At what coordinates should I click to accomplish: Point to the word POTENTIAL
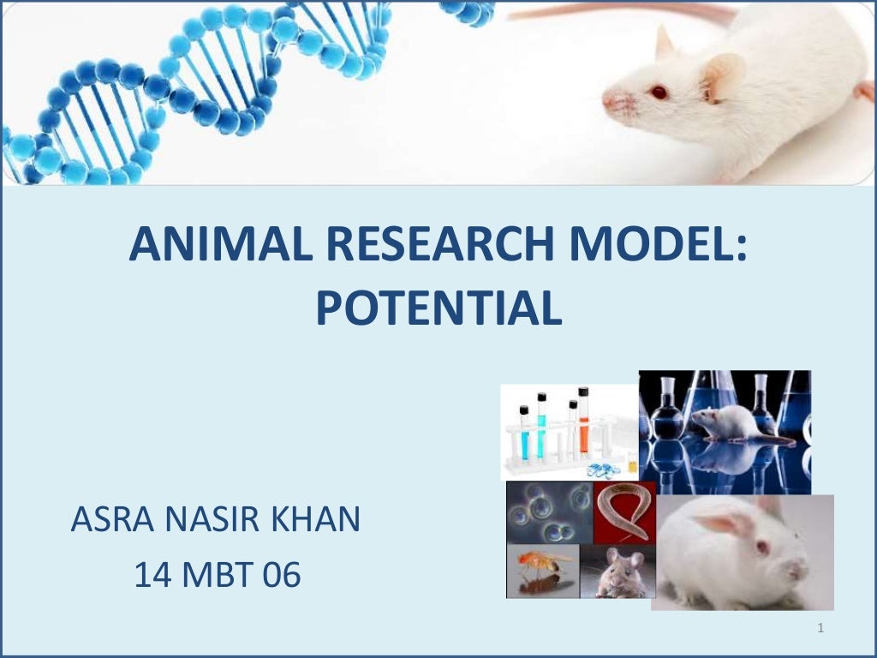[x=438, y=308]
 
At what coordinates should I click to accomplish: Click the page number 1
[x=820, y=630]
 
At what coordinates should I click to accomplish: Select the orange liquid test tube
[x=583, y=424]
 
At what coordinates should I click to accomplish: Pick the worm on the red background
[x=624, y=511]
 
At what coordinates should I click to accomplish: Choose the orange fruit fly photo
[x=542, y=565]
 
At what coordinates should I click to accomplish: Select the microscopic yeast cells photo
[x=548, y=513]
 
